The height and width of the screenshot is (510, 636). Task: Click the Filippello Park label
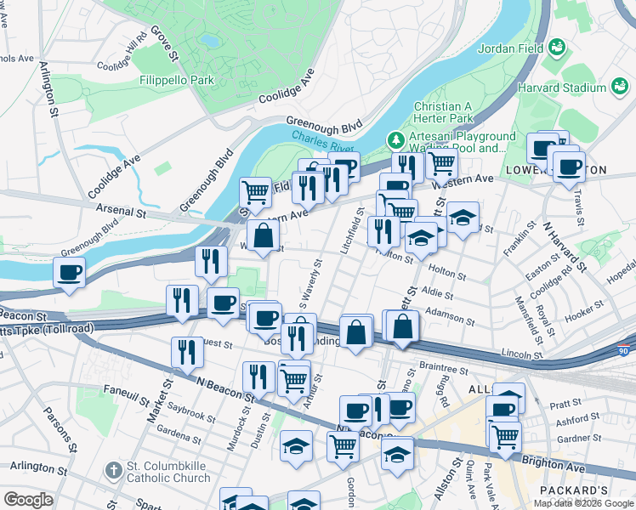177,81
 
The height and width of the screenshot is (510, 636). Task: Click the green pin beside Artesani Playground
395,138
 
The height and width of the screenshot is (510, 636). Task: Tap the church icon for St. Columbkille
114,470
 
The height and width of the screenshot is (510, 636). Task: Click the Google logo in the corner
29,500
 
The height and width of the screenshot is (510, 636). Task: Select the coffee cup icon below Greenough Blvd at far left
69,273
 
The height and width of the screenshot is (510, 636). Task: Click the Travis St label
579,202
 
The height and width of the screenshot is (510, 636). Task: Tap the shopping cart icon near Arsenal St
254,191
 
